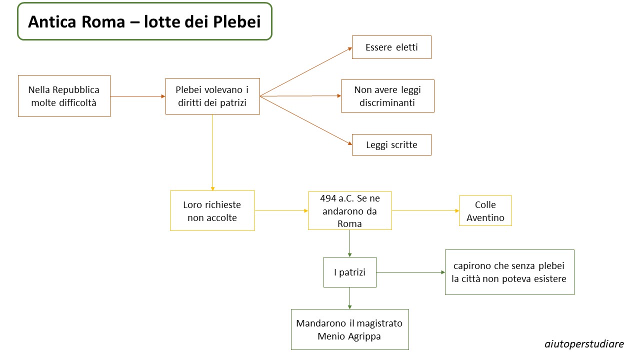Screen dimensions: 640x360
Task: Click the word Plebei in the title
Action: point(236,21)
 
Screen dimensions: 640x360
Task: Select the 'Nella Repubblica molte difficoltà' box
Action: point(64,96)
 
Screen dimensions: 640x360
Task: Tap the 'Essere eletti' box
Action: point(391,47)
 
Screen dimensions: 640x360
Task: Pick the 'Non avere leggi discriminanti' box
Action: point(387,96)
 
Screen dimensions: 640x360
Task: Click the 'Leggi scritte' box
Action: point(391,144)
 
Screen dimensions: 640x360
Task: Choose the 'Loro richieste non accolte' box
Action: point(212,211)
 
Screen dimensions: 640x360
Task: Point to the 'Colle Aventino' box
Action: point(485,211)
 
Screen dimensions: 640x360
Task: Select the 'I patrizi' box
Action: point(349,272)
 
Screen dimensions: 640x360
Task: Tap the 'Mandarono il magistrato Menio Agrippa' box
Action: point(349,329)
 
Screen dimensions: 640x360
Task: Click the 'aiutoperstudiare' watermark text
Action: point(584,344)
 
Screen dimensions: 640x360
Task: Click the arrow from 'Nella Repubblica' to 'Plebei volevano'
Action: point(138,96)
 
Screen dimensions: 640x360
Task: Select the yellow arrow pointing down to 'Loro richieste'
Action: point(212,152)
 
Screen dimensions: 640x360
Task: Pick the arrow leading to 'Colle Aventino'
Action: point(425,211)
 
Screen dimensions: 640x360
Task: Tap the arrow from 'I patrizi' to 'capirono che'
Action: point(410,272)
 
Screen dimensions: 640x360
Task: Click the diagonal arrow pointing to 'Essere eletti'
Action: point(306,71)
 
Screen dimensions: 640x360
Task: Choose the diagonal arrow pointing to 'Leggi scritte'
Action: point(306,120)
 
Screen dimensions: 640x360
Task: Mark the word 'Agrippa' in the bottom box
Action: point(364,336)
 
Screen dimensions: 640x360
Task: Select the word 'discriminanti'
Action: point(387,102)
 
